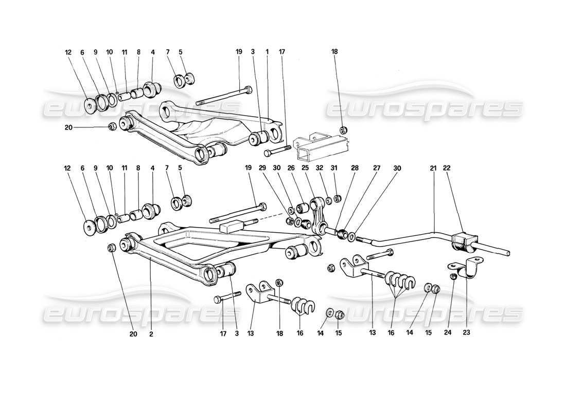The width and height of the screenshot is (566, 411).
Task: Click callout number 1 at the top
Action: click(267, 52)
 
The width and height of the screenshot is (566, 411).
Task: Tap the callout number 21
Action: click(433, 167)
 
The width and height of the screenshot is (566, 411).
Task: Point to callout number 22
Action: click(447, 167)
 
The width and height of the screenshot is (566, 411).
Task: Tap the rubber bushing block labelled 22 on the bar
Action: click(464, 242)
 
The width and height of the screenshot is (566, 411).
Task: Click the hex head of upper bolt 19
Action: click(249, 90)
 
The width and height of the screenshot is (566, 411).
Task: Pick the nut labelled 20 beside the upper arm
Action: click(112, 127)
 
